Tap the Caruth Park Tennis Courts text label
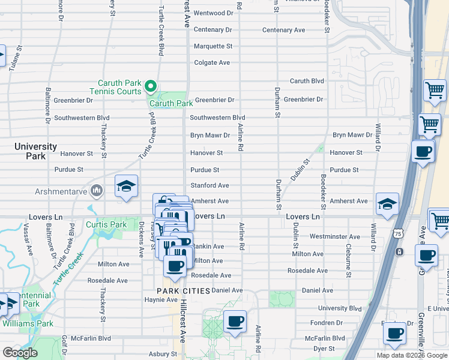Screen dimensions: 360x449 point(121,87)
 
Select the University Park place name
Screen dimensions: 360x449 point(35,151)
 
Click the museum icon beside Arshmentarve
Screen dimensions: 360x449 point(97,191)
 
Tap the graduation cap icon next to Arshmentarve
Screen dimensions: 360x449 point(127,187)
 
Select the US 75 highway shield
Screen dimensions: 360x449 point(397,233)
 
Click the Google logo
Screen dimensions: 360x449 point(20,353)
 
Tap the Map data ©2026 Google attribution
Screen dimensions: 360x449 point(412,355)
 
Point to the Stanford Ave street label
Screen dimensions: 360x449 point(209,186)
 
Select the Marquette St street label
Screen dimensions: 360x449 point(212,46)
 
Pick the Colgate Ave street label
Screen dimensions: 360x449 point(212,62)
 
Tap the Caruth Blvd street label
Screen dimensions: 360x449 point(307,81)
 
